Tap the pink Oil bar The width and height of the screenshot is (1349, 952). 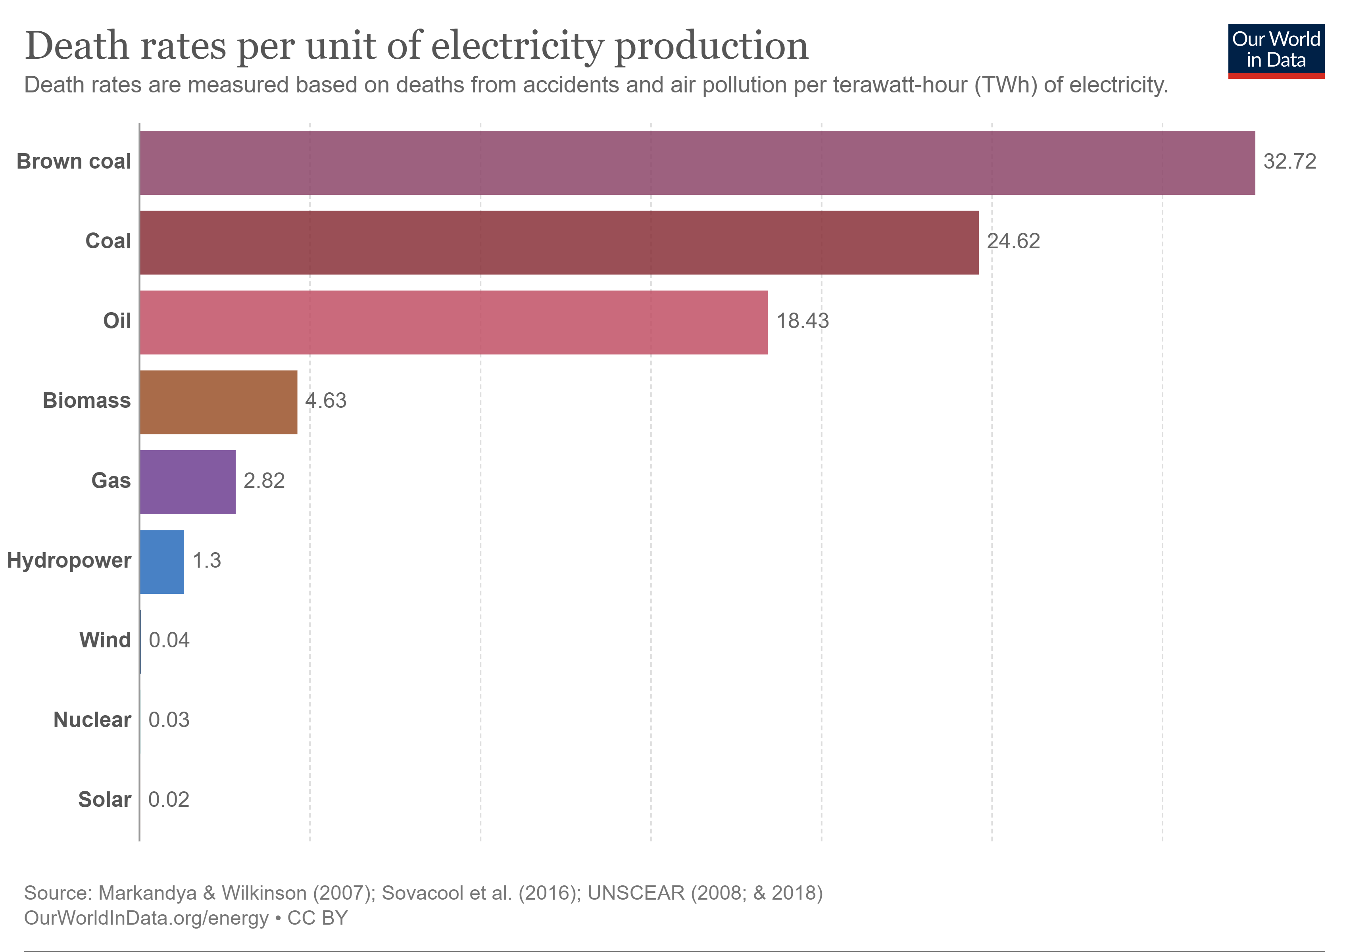click(x=453, y=322)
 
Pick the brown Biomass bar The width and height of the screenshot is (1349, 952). click(x=219, y=402)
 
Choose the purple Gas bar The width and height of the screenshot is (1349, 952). click(x=187, y=482)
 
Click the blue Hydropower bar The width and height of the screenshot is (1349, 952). click(x=161, y=562)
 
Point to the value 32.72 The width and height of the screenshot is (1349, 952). click(x=1289, y=161)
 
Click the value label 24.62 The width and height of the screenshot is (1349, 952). click(x=1013, y=242)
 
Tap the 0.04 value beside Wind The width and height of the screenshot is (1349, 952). click(x=169, y=640)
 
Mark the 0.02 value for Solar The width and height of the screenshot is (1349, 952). click(x=169, y=800)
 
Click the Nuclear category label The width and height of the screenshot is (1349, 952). click(x=92, y=720)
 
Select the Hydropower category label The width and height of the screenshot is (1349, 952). click(x=69, y=560)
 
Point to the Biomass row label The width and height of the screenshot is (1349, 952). click(x=86, y=401)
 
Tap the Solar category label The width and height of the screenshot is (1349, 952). click(x=105, y=800)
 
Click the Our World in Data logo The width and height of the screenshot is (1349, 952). click(x=1276, y=50)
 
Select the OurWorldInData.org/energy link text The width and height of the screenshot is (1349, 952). click(x=146, y=918)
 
